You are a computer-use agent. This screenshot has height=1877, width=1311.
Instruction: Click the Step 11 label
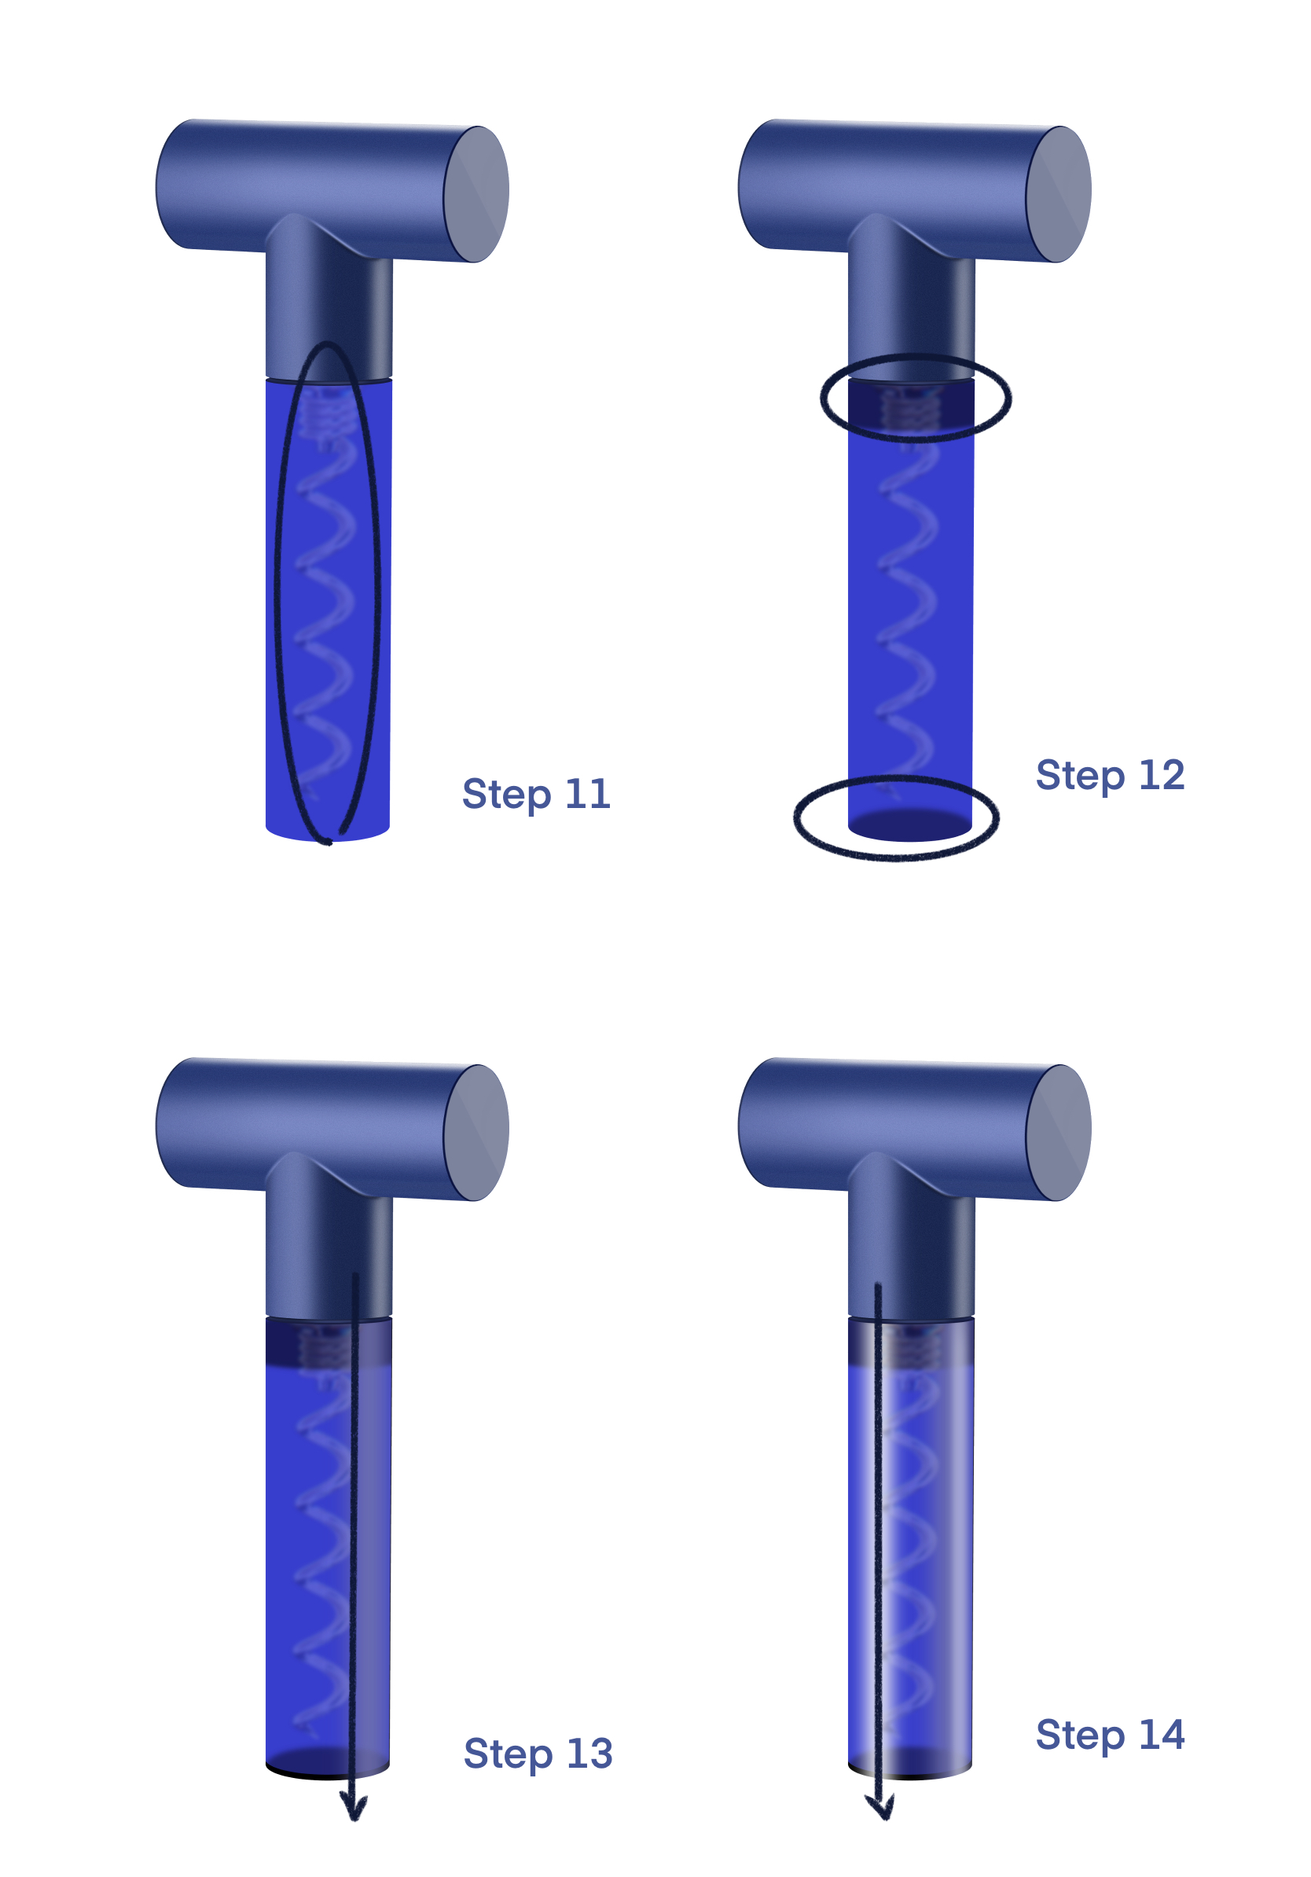coord(535,795)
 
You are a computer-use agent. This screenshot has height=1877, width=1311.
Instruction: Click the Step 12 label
coord(1109,776)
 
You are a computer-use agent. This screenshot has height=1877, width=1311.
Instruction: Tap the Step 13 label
coord(537,1754)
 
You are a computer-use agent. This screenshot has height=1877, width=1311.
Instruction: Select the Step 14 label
coord(1109,1735)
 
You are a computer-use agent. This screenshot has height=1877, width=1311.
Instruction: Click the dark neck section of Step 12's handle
coord(910,310)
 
